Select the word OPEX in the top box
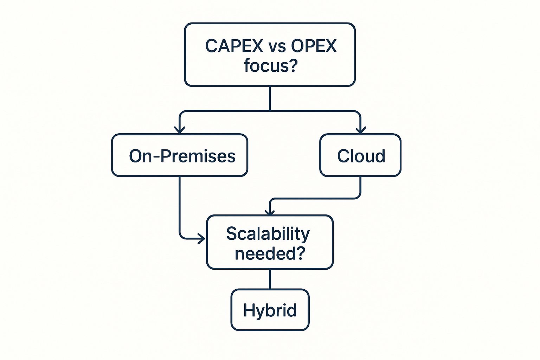pyautogui.click(x=314, y=46)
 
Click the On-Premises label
pyautogui.click(x=182, y=156)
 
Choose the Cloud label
pyautogui.click(x=361, y=156)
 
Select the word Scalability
pyautogui.click(x=268, y=234)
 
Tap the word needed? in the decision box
pyautogui.click(x=270, y=253)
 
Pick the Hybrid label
pyautogui.click(x=270, y=310)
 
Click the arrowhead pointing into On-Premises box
pyautogui.click(x=180, y=130)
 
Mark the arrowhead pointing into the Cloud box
pyautogui.click(x=361, y=130)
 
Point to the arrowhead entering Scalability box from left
pyautogui.click(x=201, y=239)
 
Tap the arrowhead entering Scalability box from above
pyautogui.click(x=270, y=212)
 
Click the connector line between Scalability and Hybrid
pyautogui.click(x=270, y=279)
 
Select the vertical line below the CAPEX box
pyautogui.click(x=270, y=98)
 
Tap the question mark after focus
pyautogui.click(x=293, y=66)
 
